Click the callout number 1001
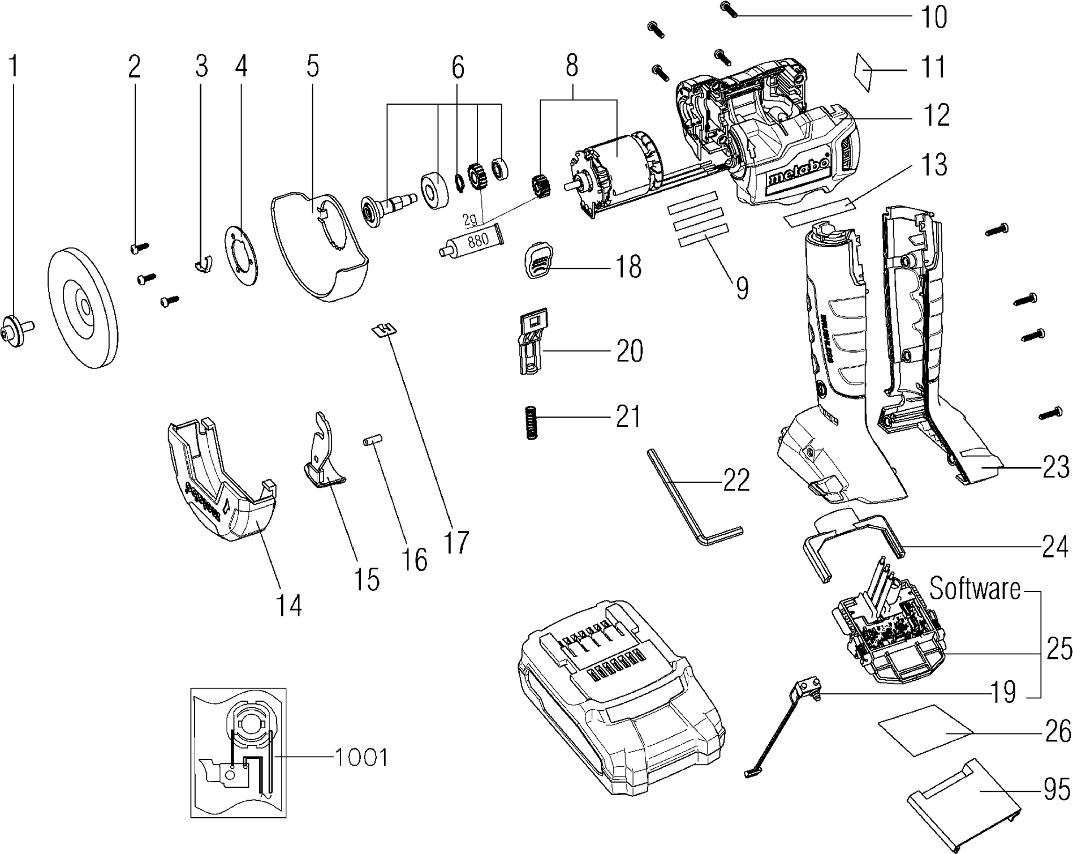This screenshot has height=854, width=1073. point(361,757)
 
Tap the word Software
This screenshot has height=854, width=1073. point(975,589)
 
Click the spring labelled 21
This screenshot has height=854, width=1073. point(531,422)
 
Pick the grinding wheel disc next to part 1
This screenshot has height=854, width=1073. point(84,307)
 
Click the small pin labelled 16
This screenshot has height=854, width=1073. point(373,440)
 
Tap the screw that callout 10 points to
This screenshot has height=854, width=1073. point(728,10)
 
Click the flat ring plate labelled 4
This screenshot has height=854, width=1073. point(242,256)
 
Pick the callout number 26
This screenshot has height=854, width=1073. point(1056,731)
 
